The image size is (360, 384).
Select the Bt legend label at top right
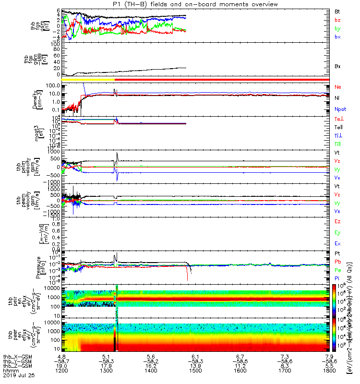click(x=337, y=11)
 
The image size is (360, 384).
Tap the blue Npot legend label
click(x=339, y=109)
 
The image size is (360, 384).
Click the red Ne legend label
click(x=337, y=87)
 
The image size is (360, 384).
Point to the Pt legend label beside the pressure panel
click(x=337, y=253)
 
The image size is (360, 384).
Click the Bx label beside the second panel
click(x=337, y=66)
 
